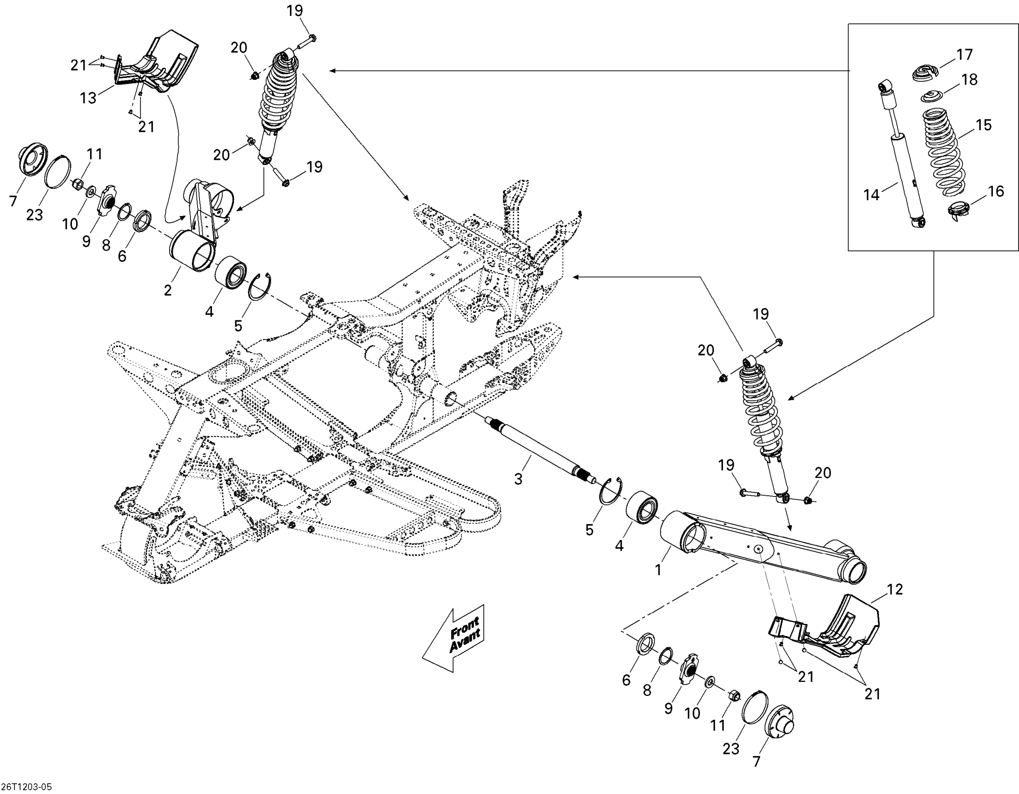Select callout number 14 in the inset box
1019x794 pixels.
871,194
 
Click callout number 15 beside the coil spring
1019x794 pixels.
983,125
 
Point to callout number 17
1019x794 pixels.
964,55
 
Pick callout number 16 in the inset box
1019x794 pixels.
996,191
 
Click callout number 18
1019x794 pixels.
970,79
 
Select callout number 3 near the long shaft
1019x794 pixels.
518,479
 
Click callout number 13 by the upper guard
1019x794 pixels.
88,98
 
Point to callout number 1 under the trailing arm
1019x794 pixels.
658,569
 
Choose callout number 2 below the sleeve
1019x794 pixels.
168,290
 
